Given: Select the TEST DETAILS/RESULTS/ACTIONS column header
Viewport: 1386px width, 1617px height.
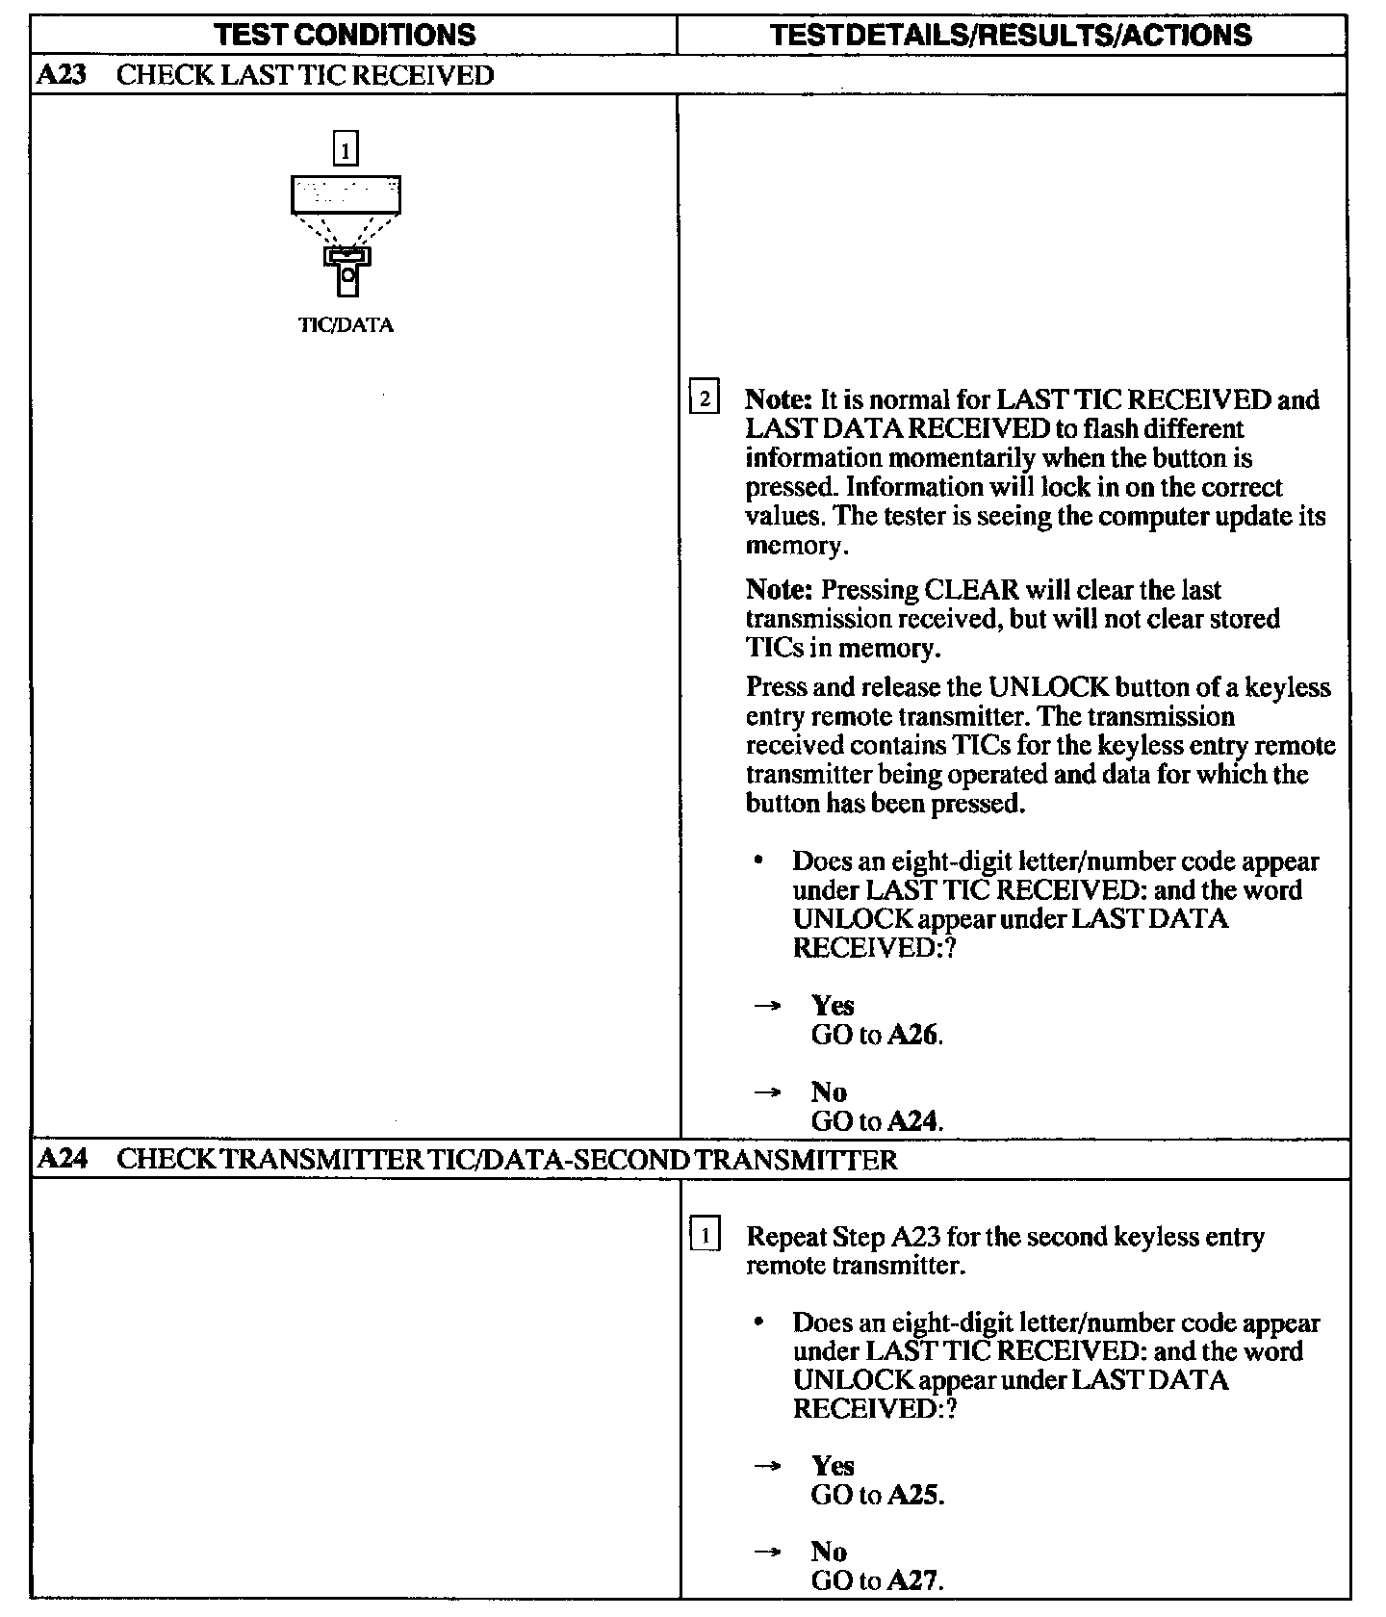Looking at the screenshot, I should coord(1012,36).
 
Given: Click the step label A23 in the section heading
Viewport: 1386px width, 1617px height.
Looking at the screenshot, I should coord(60,76).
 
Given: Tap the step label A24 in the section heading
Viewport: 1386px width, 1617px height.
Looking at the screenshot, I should coord(60,1160).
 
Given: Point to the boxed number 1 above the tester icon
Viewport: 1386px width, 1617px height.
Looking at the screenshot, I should coord(346,149).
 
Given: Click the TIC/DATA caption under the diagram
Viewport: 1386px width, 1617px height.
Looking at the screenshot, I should coord(346,325).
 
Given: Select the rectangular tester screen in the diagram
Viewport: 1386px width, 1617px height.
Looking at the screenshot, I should coord(346,193).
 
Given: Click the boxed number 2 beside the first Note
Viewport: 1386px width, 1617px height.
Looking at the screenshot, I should coord(705,398).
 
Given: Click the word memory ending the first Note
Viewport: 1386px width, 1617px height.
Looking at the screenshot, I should coord(795,547).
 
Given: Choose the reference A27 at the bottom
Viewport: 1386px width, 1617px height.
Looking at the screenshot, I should coord(913,1580).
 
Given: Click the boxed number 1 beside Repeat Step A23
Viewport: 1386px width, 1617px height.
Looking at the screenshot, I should coord(705,1235).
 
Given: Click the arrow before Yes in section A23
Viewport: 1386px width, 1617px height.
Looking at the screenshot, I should coord(766,1007).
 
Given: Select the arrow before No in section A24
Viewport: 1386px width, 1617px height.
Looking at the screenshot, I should coord(766,1553).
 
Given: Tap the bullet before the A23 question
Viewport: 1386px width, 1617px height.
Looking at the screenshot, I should coord(761,861).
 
